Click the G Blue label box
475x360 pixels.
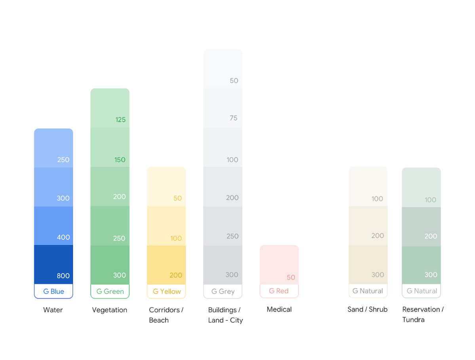click(53, 292)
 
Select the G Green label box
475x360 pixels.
click(110, 292)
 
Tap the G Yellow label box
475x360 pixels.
click(167, 292)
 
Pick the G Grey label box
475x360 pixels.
click(223, 292)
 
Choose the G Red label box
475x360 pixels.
click(279, 291)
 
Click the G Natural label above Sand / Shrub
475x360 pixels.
click(368, 291)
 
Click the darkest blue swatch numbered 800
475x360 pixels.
click(53, 264)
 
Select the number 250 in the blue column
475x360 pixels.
click(63, 160)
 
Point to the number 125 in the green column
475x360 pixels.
click(120, 120)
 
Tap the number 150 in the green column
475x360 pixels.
click(120, 160)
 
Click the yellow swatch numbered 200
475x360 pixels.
click(166, 265)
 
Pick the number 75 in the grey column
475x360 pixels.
click(234, 118)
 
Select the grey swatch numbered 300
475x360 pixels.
click(223, 265)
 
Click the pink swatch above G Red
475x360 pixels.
click(279, 264)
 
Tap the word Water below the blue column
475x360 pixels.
click(53, 310)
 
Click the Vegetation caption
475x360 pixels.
click(110, 310)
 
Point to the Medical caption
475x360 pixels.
click(279, 309)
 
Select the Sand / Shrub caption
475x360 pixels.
click(367, 309)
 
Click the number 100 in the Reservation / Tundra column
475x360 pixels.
click(430, 200)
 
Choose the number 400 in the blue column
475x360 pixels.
click(63, 237)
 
